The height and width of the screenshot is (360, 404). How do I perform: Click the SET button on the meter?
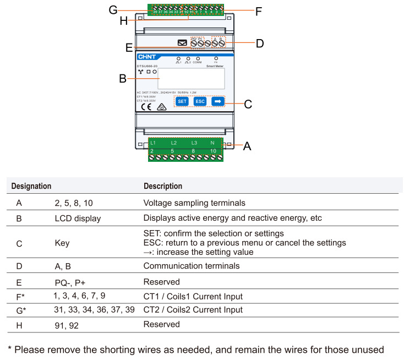(x=182, y=101)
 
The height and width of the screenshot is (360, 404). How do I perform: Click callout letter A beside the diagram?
(x=247, y=146)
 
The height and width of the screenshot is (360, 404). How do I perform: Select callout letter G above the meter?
(x=113, y=10)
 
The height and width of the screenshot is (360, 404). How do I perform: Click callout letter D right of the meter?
(x=259, y=43)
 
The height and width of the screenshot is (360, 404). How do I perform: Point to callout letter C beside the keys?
(x=248, y=104)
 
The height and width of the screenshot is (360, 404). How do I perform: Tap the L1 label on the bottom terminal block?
(x=153, y=143)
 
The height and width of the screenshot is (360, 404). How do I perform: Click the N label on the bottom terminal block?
(x=213, y=143)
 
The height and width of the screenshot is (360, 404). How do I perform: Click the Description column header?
(x=162, y=186)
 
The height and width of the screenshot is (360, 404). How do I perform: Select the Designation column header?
(x=31, y=186)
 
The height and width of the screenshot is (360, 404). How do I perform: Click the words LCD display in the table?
(x=78, y=218)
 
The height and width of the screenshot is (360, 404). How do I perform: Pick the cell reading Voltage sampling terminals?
(x=194, y=203)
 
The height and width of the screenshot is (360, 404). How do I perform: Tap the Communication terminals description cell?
(x=191, y=266)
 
